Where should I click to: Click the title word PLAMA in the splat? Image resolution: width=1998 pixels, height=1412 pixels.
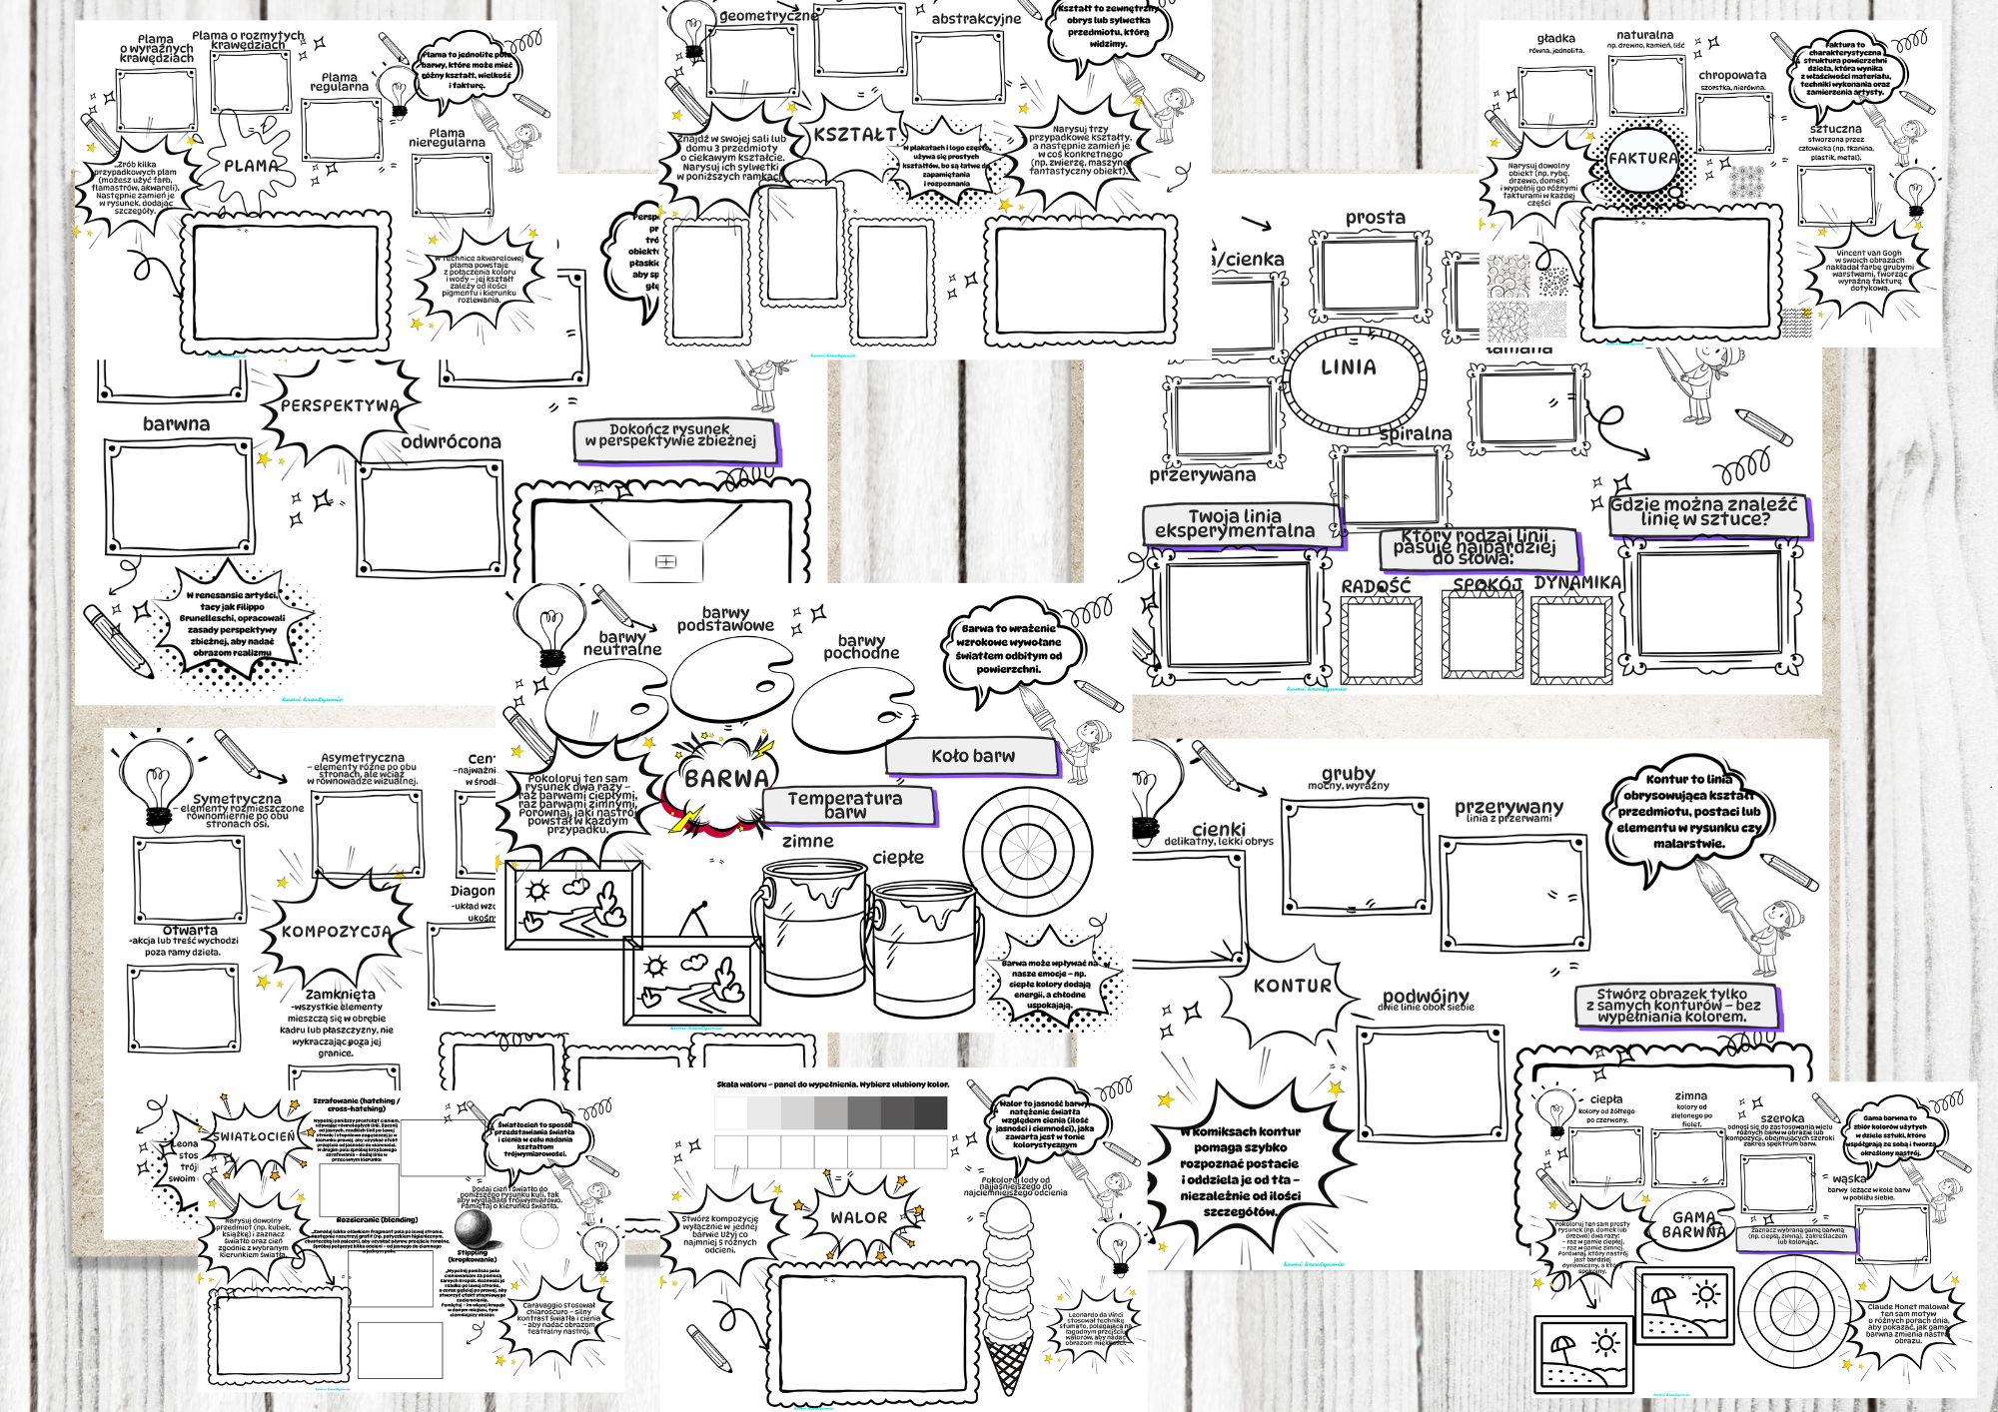pos(251,166)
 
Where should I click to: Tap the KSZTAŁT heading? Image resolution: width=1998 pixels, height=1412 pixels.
pos(855,135)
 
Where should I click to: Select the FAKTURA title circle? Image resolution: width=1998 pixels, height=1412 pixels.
pos(1642,159)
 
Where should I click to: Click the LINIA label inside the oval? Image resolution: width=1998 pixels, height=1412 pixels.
pos(1348,367)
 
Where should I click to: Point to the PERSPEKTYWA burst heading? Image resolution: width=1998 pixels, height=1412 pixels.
pos(340,406)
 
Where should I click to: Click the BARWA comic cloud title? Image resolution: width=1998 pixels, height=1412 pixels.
pos(726,779)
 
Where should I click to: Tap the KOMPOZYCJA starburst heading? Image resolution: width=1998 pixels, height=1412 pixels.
pos(336,932)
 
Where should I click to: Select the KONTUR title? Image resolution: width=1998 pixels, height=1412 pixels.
pos(1292,986)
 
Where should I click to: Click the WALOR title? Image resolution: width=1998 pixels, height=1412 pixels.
pos(858,1217)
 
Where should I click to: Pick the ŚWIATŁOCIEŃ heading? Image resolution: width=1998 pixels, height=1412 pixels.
pos(254,1136)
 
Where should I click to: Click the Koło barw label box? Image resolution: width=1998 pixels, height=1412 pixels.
pos(972,756)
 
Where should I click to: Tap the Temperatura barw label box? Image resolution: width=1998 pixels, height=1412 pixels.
pos(847,805)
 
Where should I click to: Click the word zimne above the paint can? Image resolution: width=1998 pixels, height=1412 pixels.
pos(807,841)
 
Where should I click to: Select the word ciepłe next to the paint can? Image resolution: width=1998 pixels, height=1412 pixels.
pos(897,858)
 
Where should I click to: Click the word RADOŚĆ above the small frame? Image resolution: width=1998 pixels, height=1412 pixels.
pos(1376,586)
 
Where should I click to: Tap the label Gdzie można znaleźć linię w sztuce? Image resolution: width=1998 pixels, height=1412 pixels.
pos(1710,512)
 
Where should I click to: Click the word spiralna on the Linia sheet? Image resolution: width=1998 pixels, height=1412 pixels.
pos(1415,433)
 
